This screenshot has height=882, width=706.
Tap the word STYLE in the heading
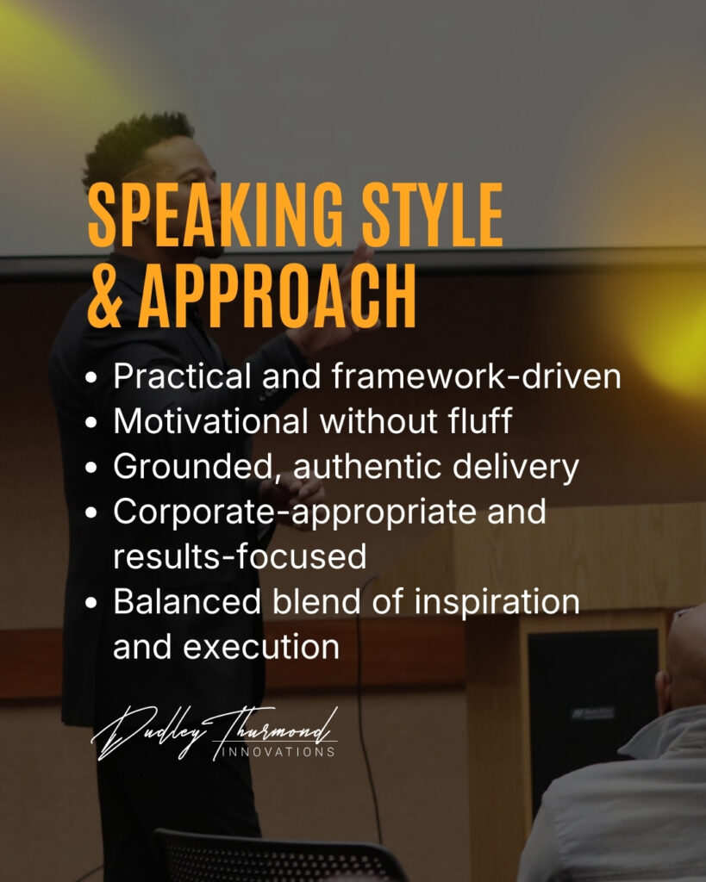[x=433, y=215]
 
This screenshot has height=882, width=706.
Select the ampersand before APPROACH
[x=105, y=296]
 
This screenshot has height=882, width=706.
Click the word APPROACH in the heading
[x=278, y=296]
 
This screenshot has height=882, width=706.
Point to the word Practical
[x=182, y=376]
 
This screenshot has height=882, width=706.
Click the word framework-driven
[x=477, y=376]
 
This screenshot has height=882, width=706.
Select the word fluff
[x=480, y=420]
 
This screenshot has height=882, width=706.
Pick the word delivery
[x=515, y=467]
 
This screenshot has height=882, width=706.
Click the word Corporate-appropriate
[x=295, y=512]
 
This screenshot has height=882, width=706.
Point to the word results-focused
[x=240, y=556]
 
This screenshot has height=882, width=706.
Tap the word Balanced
[x=187, y=601]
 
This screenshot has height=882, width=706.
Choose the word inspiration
[x=497, y=602]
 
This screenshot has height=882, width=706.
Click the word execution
[x=261, y=647]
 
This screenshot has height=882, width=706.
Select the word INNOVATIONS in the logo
[x=278, y=752]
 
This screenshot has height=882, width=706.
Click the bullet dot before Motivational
[x=91, y=422]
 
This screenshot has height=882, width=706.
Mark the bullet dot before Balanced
[x=91, y=603]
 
